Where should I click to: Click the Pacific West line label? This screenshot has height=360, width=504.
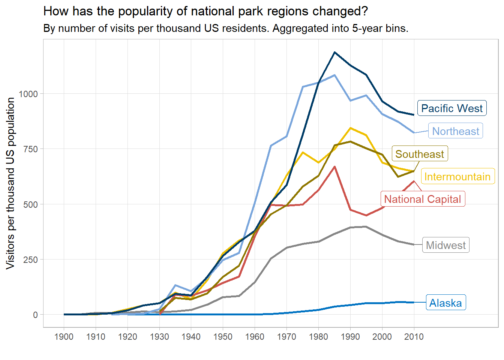pos(452,108)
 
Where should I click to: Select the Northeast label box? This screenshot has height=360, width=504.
pos(455,131)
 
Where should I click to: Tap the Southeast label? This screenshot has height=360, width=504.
pos(419,154)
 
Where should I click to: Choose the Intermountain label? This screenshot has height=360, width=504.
pos(457,177)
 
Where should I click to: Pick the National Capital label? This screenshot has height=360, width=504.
pos(422,199)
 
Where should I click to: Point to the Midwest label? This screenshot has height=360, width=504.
pos(445,245)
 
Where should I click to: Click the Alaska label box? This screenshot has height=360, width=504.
pos(445,303)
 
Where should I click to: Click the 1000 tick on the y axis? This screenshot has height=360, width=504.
pos(28,94)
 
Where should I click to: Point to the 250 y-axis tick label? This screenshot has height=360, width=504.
pos(30,260)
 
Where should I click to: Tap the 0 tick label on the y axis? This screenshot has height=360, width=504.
pos(35,315)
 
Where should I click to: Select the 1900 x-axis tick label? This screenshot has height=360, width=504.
pos(64,337)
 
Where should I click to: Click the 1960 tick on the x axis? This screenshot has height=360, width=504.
pos(255,337)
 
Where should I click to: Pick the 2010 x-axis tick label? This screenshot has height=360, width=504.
pos(414,337)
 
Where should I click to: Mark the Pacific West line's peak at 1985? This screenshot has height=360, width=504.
pos(334,52)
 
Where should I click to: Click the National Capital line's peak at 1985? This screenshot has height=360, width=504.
pos(334,166)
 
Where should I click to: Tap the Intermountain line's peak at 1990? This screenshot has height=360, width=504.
pos(350,128)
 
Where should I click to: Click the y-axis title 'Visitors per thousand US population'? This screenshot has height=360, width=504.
pos(10,183)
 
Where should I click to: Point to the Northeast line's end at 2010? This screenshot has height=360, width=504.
pos(414,133)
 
